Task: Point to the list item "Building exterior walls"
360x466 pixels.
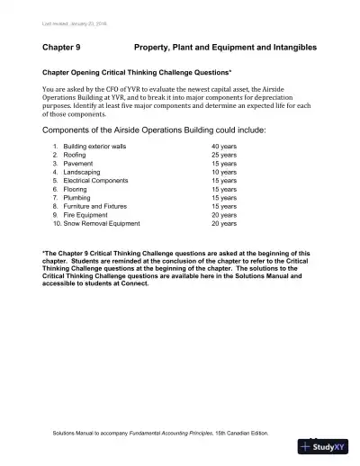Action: pyautogui.click(x=94, y=146)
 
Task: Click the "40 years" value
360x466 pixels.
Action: pyautogui.click(x=224, y=146)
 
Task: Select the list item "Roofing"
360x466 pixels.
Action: pyautogui.click(x=76, y=155)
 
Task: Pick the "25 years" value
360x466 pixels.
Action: pyautogui.click(x=224, y=155)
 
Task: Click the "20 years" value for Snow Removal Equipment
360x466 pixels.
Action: pyautogui.click(x=224, y=223)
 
